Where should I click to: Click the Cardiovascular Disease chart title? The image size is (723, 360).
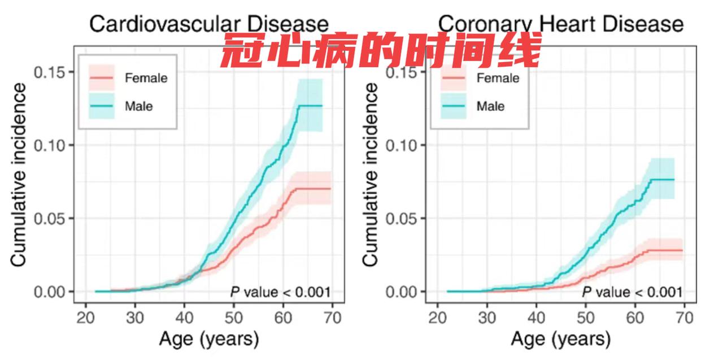click(209, 24)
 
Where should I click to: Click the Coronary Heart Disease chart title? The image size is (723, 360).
click(560, 24)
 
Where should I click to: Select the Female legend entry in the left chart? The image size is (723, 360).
click(146, 79)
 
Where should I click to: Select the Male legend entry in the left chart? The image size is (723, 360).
click(138, 106)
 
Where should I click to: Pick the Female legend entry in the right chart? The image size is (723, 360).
click(497, 79)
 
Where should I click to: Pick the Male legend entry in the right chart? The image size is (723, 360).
click(490, 106)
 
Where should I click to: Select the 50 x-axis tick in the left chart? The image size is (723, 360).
click(234, 317)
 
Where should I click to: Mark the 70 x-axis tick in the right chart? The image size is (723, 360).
click(684, 317)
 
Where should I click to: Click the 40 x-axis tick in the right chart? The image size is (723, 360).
click(536, 317)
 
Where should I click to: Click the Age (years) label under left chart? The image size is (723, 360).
click(208, 339)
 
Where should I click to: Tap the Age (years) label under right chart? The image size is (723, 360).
click(560, 339)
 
